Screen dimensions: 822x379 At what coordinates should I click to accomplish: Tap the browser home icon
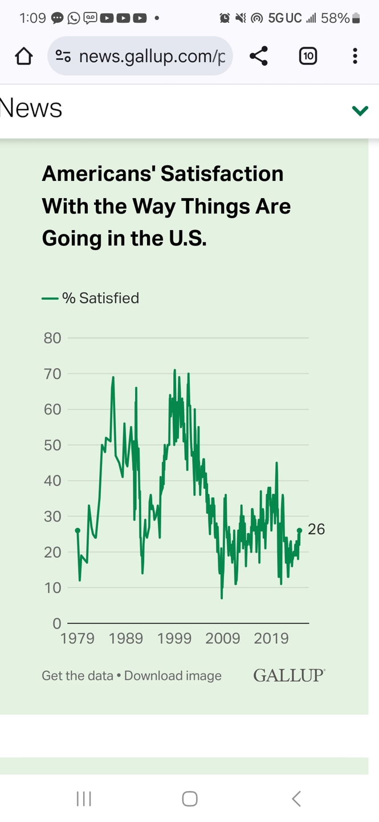(24, 56)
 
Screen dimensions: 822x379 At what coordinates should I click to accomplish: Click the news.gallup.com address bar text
(152, 56)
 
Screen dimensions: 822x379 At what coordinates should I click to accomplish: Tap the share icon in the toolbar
(259, 56)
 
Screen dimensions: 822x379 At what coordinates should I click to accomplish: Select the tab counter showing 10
(308, 56)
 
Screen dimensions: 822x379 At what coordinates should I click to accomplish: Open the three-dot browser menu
(355, 56)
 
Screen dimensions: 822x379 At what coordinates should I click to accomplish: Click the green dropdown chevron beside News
(360, 110)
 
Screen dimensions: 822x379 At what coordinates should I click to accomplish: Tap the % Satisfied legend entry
(100, 298)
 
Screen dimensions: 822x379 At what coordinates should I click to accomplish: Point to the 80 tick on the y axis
(52, 338)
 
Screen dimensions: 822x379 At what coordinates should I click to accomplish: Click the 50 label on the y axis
(52, 445)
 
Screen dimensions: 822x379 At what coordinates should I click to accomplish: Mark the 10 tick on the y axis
(52, 588)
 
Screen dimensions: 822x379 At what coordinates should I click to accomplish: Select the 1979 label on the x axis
(78, 638)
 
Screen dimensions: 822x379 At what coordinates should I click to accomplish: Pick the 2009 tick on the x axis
(223, 638)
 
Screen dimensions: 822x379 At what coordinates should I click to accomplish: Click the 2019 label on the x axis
(271, 638)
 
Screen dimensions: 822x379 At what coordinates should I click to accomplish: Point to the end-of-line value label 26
(316, 529)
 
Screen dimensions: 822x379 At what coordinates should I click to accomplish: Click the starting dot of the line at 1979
(78, 531)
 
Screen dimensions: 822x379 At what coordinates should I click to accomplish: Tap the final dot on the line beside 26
(300, 531)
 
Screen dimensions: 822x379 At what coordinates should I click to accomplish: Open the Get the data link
(77, 676)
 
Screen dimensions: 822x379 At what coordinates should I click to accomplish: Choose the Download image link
(173, 676)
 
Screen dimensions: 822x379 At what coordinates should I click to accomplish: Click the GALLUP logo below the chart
(289, 675)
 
